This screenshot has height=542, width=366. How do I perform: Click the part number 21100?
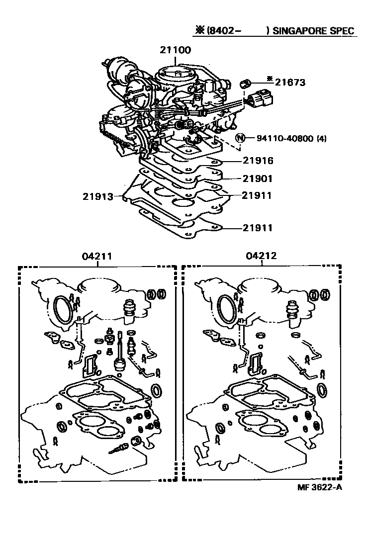coord(176,50)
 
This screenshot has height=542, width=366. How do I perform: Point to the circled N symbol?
coord(240,138)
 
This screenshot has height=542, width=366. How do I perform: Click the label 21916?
coord(258,161)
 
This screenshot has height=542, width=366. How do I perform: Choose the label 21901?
coord(258,179)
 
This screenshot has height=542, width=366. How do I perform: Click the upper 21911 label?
coord(258,196)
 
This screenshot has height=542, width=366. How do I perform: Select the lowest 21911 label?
coord(258,228)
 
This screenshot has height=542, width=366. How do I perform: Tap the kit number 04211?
coord(96,257)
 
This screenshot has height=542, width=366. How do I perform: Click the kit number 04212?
coord(261,257)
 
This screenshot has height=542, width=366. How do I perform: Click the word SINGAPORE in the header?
coord(301,31)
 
